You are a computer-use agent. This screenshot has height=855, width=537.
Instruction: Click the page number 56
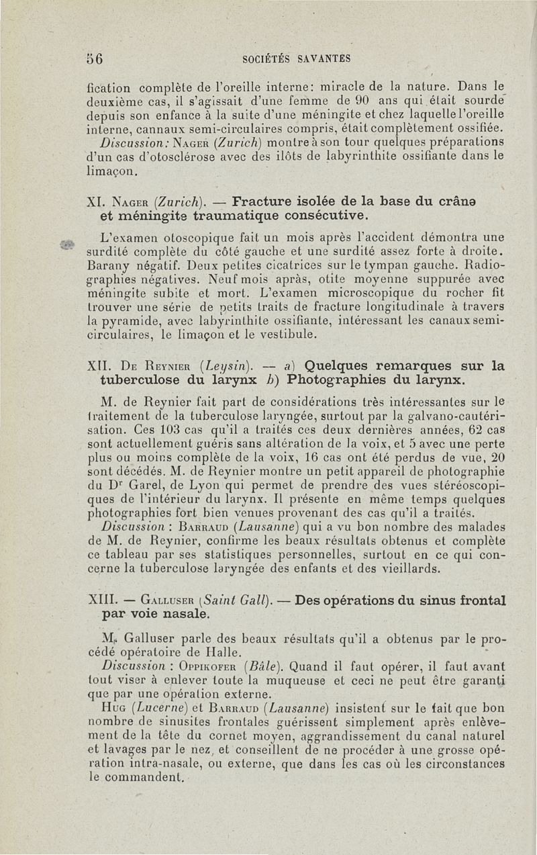(95, 58)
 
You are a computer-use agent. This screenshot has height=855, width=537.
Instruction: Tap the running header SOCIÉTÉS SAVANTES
(296, 58)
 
